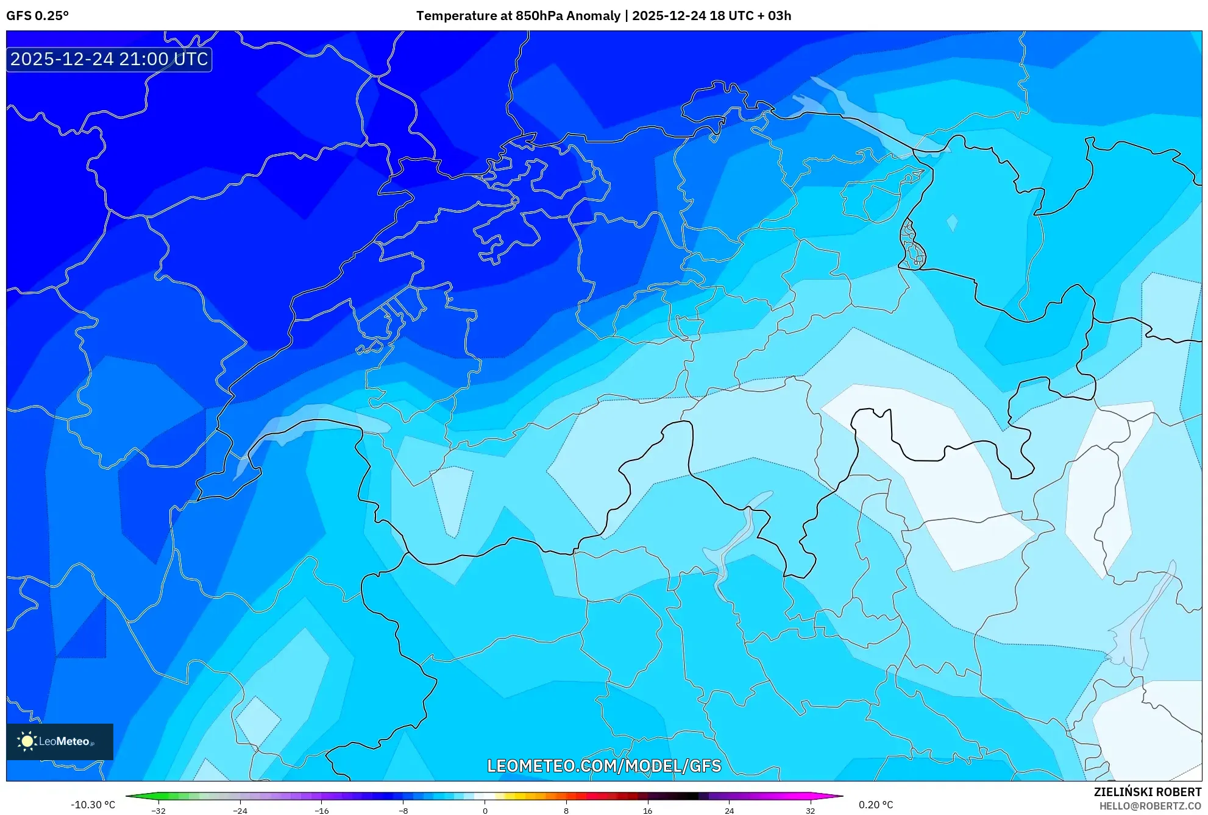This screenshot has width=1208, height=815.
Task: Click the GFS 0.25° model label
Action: click(37, 16)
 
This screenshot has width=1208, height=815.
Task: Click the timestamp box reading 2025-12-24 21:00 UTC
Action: click(109, 59)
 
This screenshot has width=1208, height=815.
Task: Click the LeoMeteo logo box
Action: click(60, 741)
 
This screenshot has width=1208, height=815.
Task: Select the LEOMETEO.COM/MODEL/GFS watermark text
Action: click(603, 766)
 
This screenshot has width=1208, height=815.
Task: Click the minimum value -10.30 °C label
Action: click(93, 805)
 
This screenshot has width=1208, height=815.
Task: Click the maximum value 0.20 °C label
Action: click(876, 805)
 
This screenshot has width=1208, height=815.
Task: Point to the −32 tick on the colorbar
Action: click(158, 811)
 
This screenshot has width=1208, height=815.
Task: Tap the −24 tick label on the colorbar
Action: click(240, 811)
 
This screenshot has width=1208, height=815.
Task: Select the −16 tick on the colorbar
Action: click(322, 811)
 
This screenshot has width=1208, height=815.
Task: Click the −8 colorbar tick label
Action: click(403, 811)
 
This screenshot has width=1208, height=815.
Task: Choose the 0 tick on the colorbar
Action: click(485, 811)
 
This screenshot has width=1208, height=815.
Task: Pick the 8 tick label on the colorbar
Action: click(566, 811)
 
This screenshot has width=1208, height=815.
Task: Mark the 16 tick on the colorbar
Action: click(647, 811)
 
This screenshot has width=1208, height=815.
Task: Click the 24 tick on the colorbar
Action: click(729, 811)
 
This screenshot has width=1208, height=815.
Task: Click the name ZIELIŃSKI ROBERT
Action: click(1147, 792)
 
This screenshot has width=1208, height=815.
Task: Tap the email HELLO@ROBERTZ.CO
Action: click(1149, 806)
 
